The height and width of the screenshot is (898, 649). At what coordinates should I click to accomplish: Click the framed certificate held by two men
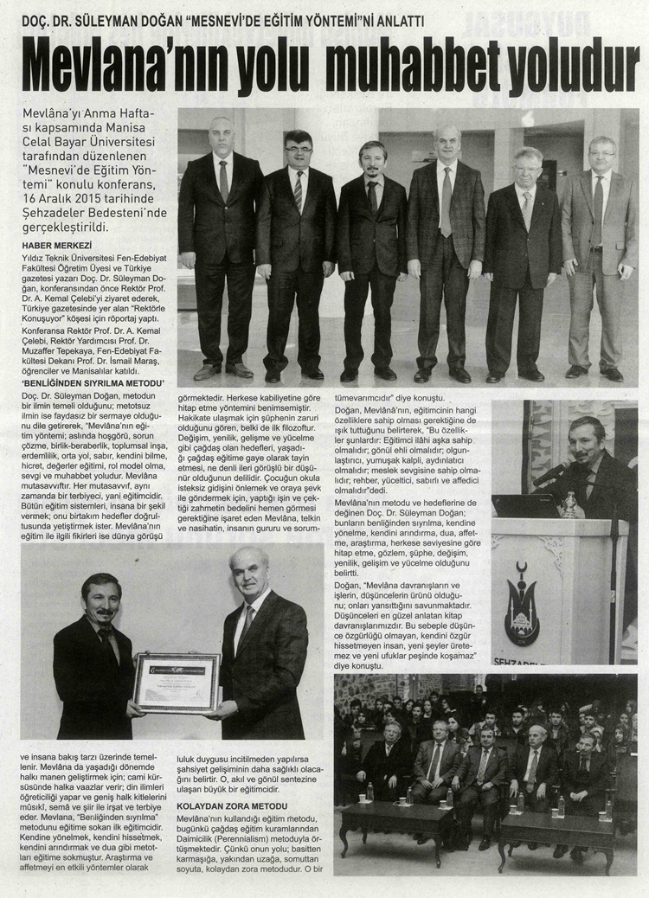pos(177,681)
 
